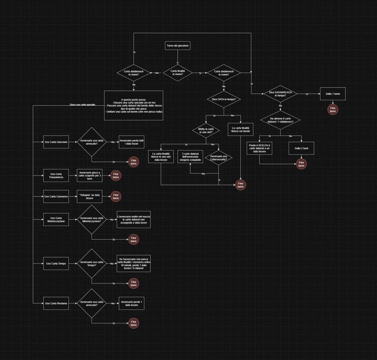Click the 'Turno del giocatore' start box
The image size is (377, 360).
point(178,46)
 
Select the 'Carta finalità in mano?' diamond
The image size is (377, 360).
point(178,73)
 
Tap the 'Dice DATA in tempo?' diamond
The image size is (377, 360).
point(224,99)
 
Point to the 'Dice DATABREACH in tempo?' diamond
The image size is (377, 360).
point(281,94)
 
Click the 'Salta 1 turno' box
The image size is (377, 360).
point(333,94)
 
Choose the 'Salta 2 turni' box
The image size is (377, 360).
point(301,148)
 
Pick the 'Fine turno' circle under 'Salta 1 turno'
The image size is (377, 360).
point(333,110)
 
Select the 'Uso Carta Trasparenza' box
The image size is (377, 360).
point(56,175)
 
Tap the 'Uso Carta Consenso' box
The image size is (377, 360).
point(56,196)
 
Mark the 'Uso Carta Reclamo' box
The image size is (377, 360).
point(56,303)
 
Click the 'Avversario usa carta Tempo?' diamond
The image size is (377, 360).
point(92,264)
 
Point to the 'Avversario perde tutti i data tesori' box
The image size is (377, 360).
point(131,142)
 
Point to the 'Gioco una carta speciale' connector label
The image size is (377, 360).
point(82,105)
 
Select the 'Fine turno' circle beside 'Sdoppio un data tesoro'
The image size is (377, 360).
point(116,196)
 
